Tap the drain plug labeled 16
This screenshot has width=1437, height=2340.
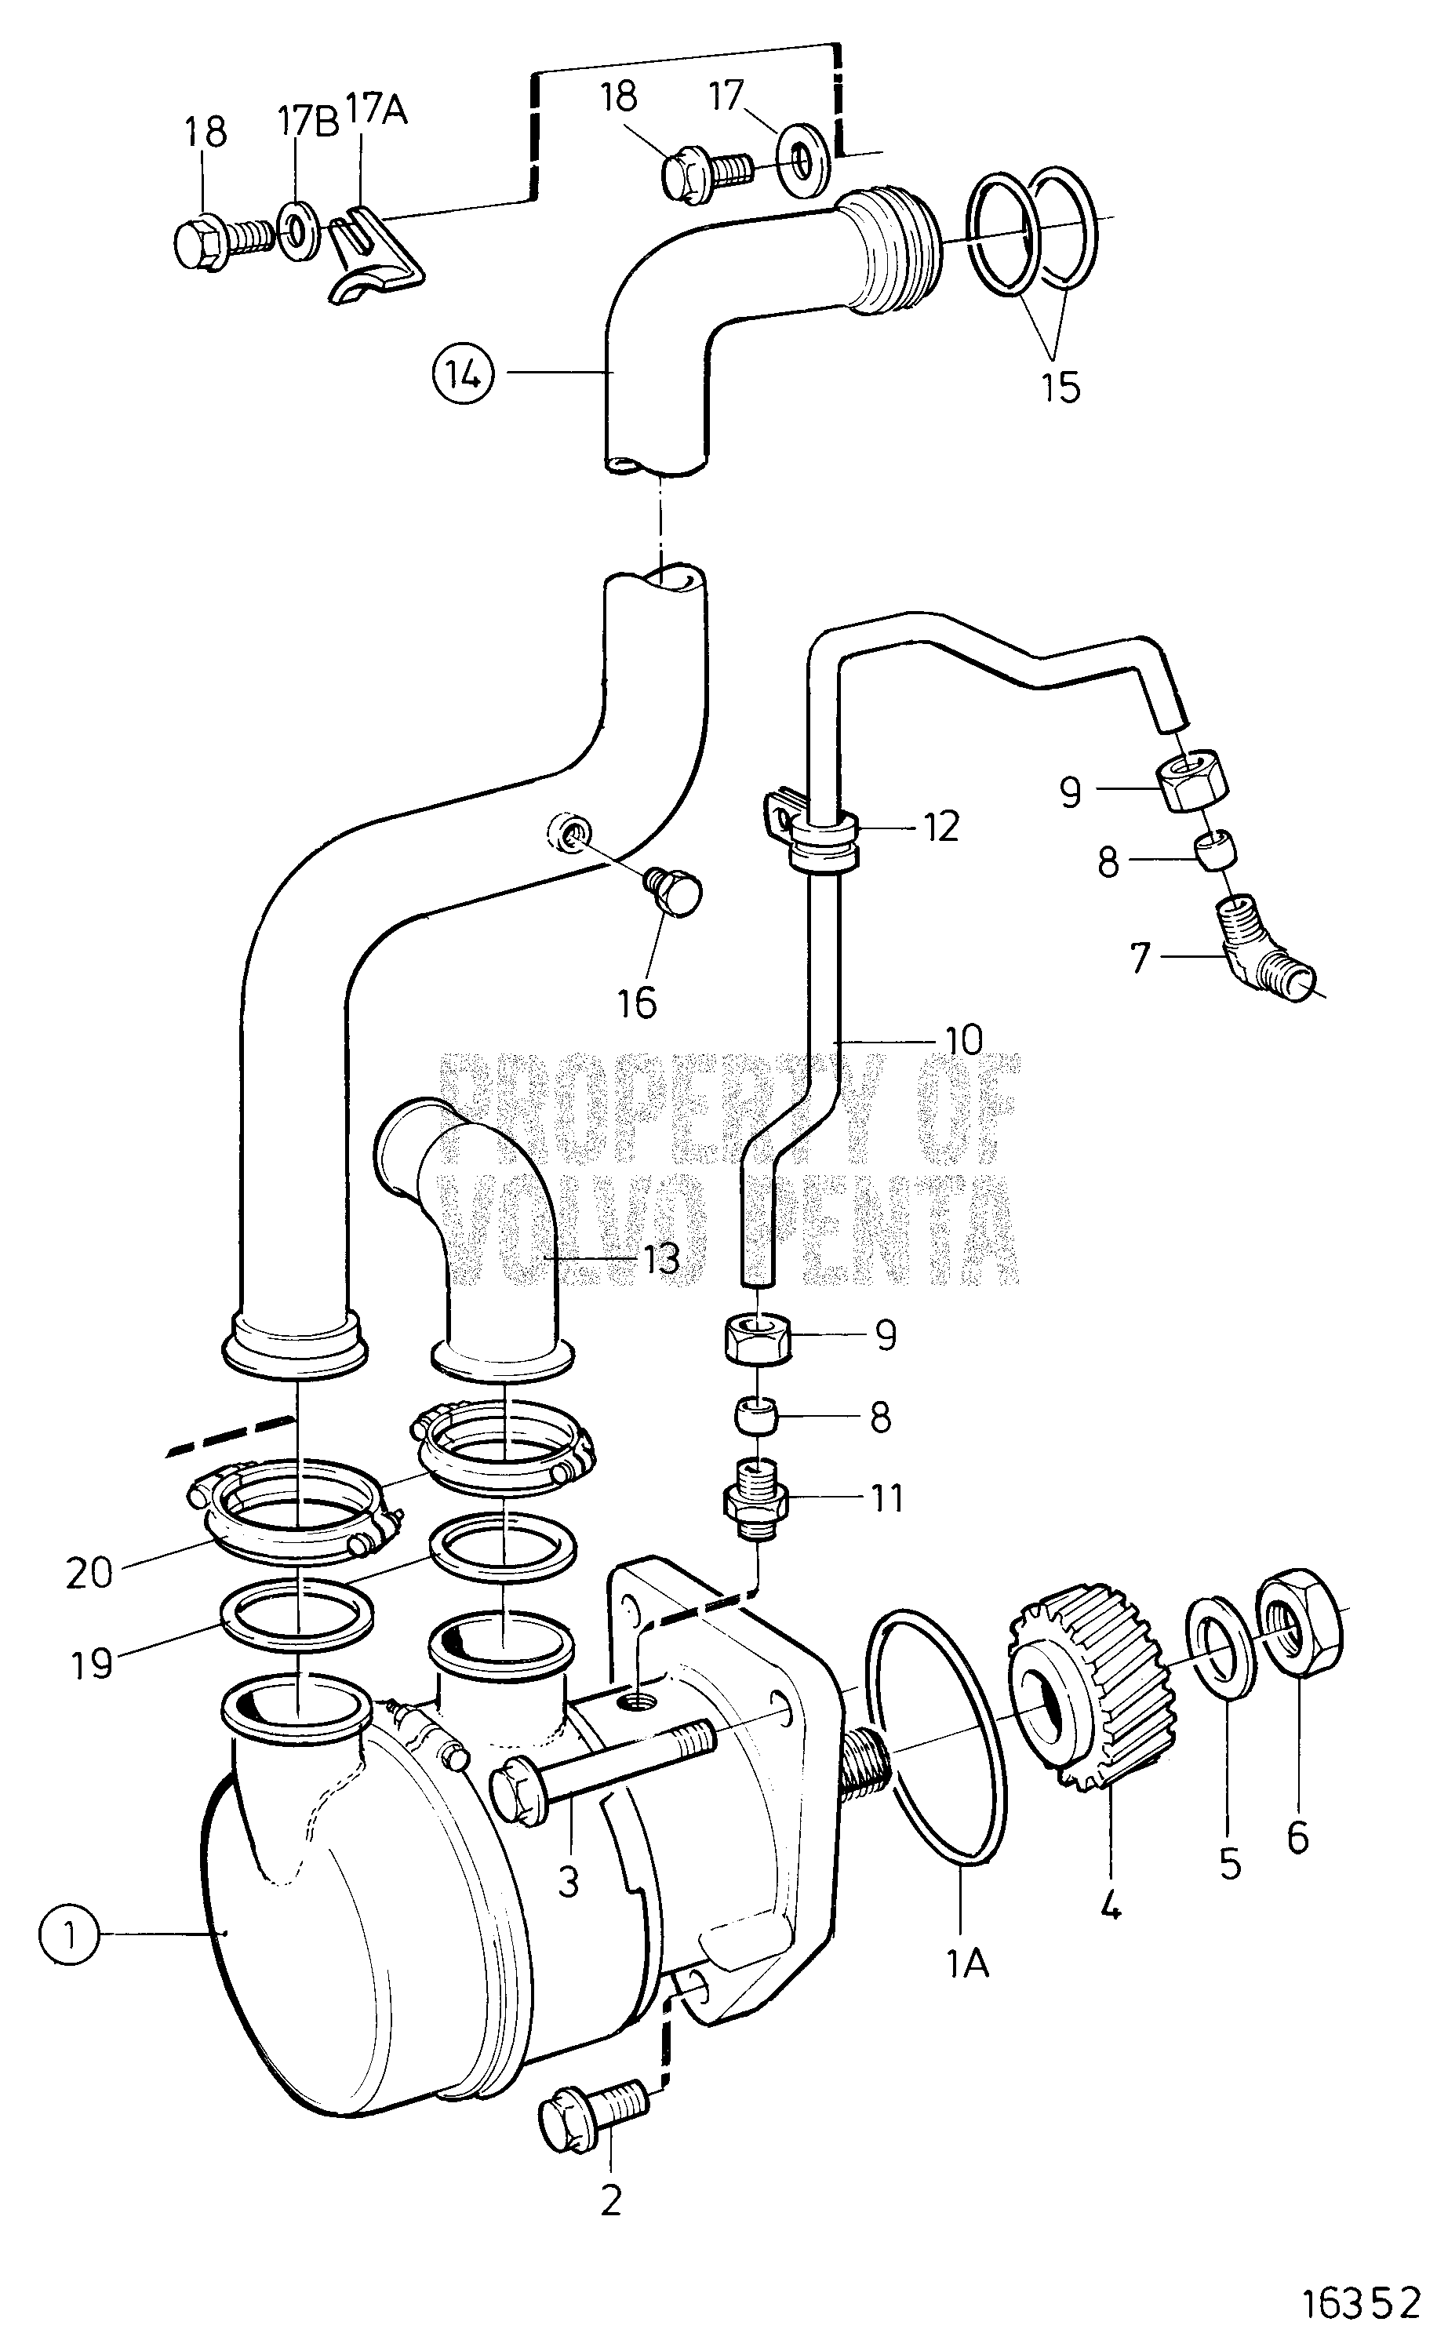coord(675,889)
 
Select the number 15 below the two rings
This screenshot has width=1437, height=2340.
coord(1060,388)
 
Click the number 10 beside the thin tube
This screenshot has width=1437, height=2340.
coord(964,1040)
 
